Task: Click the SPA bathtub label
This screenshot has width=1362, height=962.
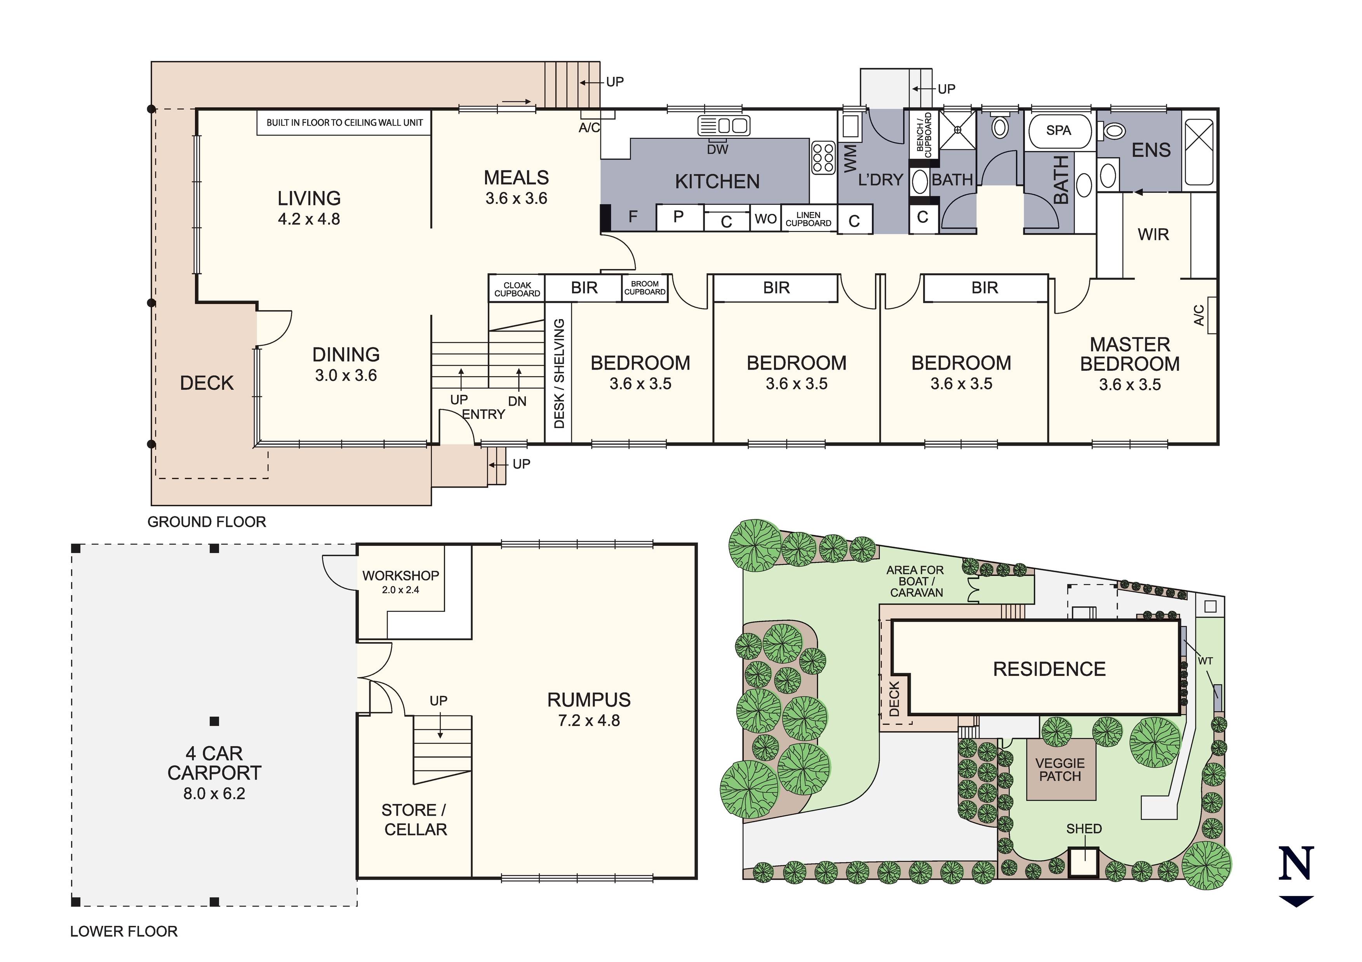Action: tap(1058, 130)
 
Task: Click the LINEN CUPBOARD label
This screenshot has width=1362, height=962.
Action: tap(809, 219)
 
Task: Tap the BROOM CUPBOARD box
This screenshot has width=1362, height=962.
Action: tap(645, 288)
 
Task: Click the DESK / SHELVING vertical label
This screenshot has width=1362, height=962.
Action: tap(559, 373)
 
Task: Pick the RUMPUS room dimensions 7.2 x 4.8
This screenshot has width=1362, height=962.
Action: tap(589, 721)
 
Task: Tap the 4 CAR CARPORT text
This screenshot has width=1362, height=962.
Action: tap(214, 763)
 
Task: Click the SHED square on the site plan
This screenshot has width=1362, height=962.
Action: tap(1084, 862)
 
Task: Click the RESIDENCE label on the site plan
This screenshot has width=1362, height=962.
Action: tap(1049, 669)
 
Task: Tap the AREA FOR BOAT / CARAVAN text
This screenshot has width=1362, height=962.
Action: tap(915, 581)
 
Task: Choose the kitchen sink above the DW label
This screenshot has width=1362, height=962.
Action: tap(724, 126)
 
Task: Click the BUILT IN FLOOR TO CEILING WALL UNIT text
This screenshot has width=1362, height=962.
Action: tap(344, 123)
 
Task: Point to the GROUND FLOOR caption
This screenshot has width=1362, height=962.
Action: tap(207, 522)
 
